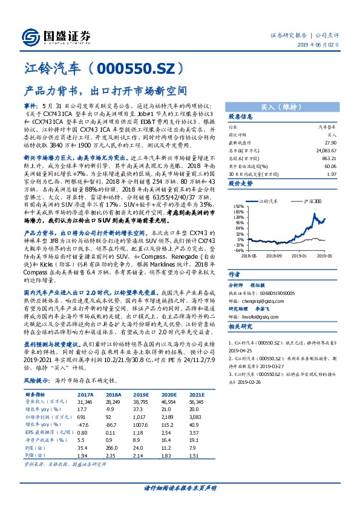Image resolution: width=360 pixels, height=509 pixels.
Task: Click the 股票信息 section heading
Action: click(240, 117)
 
